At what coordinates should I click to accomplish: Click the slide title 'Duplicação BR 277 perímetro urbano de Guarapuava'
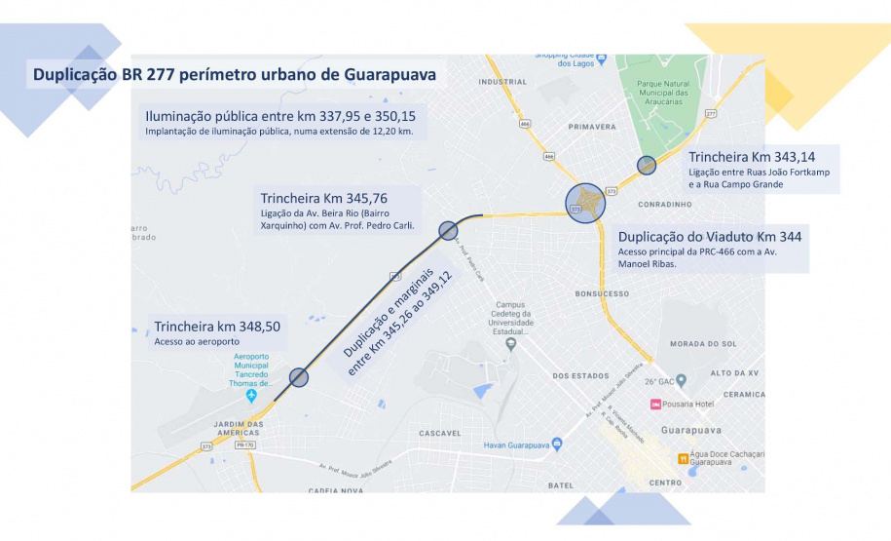click(234, 75)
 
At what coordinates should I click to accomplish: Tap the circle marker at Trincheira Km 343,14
click(647, 166)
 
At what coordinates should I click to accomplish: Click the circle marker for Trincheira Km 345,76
click(448, 230)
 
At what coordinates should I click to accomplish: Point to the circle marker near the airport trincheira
click(299, 377)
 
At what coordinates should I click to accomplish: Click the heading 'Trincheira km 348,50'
click(217, 327)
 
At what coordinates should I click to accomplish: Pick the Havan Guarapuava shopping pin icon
click(557, 444)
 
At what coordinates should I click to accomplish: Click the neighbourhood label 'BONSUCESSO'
click(602, 292)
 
